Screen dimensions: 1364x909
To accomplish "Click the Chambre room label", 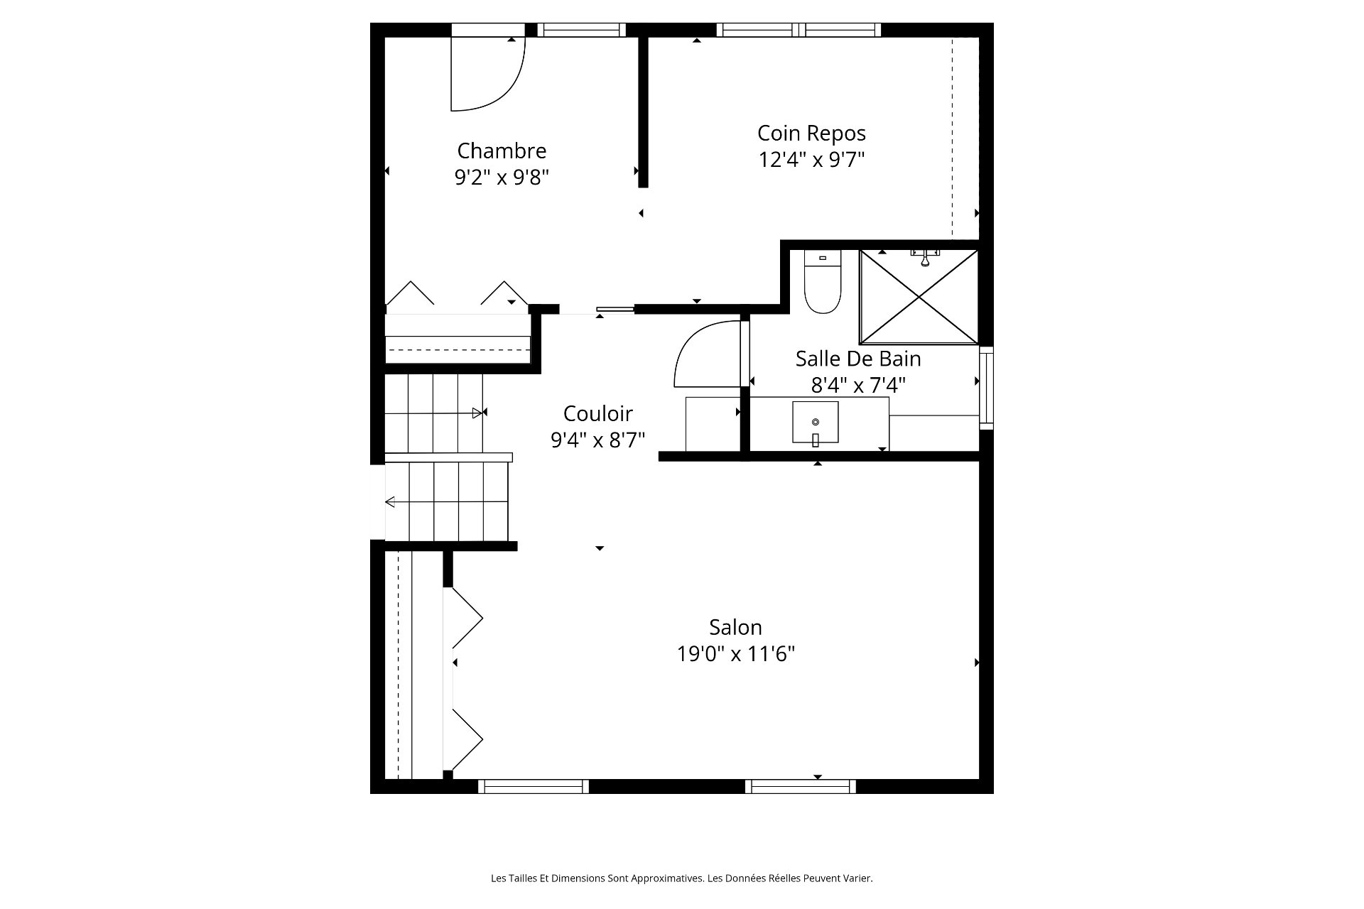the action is (x=502, y=151).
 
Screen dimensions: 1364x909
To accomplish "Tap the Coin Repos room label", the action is (x=811, y=134).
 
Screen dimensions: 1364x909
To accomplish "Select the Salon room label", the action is (x=735, y=627).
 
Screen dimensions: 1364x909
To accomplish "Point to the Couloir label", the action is (x=597, y=413).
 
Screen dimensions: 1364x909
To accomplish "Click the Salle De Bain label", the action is (x=858, y=359).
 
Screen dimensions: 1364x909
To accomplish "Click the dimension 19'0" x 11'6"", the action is (x=735, y=653).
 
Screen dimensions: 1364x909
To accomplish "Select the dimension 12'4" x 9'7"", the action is (x=811, y=160).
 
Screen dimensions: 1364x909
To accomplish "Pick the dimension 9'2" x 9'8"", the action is (x=502, y=177).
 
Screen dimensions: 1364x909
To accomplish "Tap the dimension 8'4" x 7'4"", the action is (x=858, y=385).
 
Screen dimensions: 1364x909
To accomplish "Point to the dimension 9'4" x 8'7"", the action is (x=597, y=440).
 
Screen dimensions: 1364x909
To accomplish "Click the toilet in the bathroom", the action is (x=822, y=283).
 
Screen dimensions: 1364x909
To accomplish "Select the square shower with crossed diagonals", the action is (x=919, y=297).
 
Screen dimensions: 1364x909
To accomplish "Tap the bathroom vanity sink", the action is (x=815, y=423).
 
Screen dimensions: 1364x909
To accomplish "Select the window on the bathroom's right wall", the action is (x=986, y=388).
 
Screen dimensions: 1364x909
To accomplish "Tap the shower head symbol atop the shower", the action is (x=925, y=257).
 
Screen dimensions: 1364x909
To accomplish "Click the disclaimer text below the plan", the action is (x=682, y=878).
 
